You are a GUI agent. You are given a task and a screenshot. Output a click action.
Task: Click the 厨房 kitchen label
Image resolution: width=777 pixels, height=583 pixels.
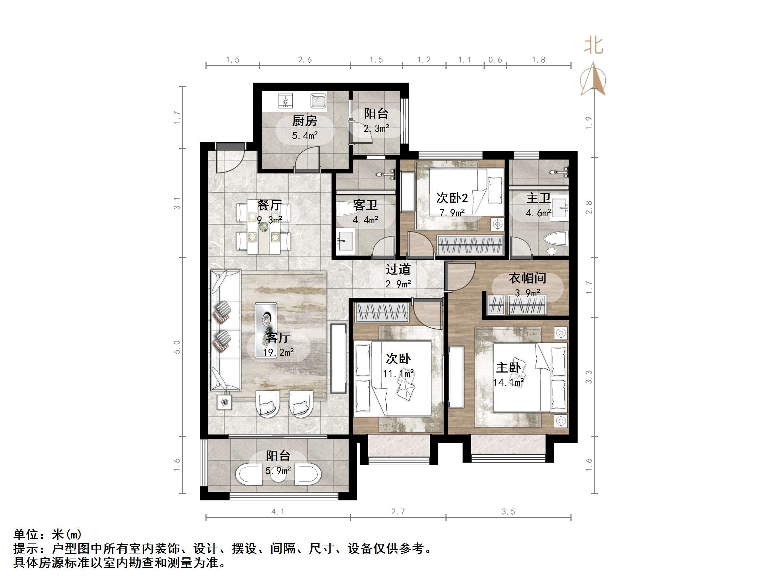coord(304,121)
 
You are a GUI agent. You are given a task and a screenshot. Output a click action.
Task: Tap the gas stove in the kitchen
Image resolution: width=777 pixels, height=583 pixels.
coord(285,101)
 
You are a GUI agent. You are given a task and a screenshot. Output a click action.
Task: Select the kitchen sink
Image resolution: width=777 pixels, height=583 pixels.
coord(318,100)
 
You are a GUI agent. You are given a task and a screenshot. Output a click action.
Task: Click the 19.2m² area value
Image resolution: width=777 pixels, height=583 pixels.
coord(278,353)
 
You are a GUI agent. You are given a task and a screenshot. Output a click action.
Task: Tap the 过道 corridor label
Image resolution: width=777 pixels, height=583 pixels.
coord(398,269)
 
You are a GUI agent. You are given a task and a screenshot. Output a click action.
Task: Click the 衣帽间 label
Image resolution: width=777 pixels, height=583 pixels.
coord(527,278)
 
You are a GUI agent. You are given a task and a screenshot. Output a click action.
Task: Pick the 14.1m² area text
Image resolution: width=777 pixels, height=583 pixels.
coord(508,382)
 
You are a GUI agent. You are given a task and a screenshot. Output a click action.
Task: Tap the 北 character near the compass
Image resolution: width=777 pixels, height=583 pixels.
coord(594,46)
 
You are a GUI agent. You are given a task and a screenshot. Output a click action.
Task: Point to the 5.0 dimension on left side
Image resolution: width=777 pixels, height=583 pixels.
coord(177,347)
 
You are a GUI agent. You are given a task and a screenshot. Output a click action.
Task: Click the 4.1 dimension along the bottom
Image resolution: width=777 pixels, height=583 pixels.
coord(278,512)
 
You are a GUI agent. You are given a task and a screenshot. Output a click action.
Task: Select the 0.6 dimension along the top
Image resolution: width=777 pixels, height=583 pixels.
coord(495,60)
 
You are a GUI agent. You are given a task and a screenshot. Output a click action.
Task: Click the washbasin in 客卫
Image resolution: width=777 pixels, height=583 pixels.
coord(345,240)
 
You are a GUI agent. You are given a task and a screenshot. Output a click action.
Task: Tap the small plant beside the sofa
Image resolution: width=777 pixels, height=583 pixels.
coord(224,402)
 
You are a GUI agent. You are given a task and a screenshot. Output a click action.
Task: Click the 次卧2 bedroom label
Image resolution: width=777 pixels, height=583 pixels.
coord(452,198)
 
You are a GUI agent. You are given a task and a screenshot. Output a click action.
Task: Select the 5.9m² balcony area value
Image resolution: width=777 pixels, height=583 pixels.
coord(278,471)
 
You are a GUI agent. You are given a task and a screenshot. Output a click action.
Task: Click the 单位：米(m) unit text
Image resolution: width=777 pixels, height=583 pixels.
coord(48,534)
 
